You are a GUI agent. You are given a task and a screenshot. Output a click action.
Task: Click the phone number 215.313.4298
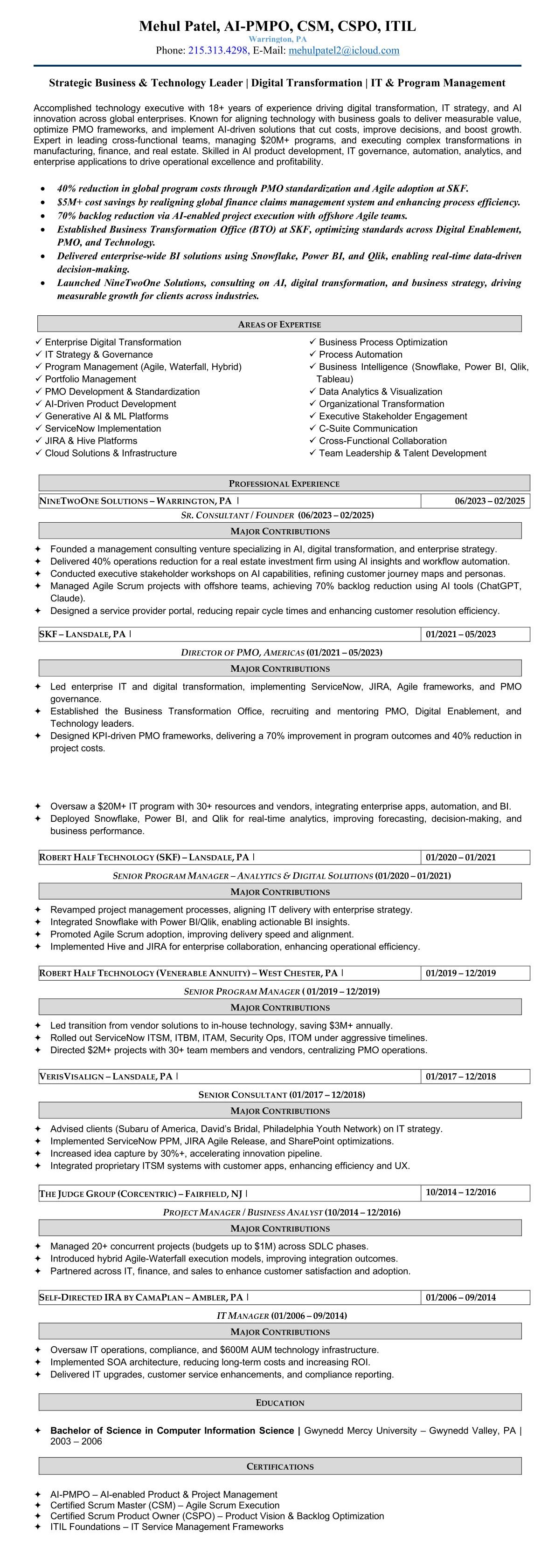pyautogui.click(x=217, y=50)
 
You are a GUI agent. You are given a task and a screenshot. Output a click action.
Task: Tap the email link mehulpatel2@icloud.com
pyautogui.click(x=344, y=50)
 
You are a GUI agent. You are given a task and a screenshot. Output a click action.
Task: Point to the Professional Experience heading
pyautogui.click(x=284, y=484)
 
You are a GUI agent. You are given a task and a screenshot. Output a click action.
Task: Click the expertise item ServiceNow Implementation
pyautogui.click(x=103, y=429)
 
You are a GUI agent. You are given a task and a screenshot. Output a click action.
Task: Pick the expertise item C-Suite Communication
pyautogui.click(x=368, y=429)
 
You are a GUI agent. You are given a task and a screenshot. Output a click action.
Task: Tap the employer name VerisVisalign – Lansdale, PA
pyautogui.click(x=106, y=1076)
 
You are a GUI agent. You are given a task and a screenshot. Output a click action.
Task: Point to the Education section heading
pyautogui.click(x=280, y=1403)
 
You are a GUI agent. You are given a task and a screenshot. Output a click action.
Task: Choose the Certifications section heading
pyautogui.click(x=280, y=1466)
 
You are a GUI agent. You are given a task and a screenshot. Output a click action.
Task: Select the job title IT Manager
pyautogui.click(x=243, y=1316)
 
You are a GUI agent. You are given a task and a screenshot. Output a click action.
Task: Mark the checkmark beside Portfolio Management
pyautogui.click(x=39, y=379)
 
